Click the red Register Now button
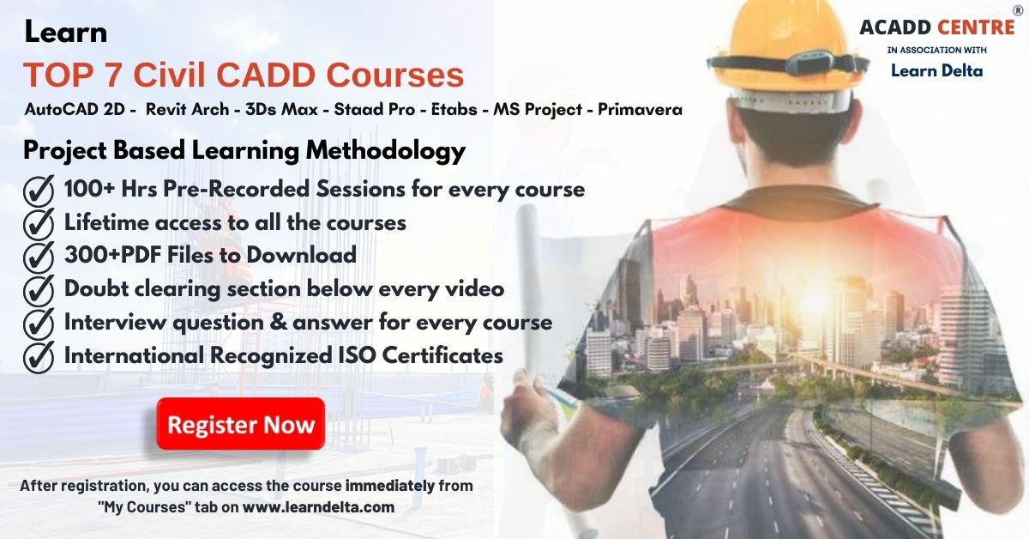240,424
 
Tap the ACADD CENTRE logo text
936,28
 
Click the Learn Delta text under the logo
936,70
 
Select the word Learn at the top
66,33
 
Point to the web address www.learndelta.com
318,507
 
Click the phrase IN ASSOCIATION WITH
936,51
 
